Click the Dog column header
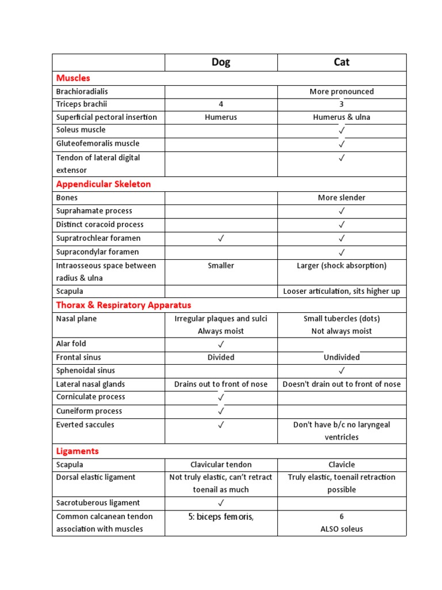pyautogui.click(x=220, y=62)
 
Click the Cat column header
pyautogui.click(x=341, y=62)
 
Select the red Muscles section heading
pyautogui.click(x=73, y=78)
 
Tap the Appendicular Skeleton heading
pyautogui.click(x=104, y=184)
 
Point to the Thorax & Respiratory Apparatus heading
pyautogui.click(x=123, y=305)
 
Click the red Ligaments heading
pyautogui.click(x=77, y=451)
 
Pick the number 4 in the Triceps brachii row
pyautogui.click(x=220, y=104)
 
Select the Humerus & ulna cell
pyautogui.click(x=341, y=117)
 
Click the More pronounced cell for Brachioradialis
pyautogui.click(x=341, y=92)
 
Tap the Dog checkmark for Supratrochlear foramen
pyautogui.click(x=221, y=238)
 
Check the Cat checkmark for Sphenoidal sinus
pyautogui.click(x=341, y=370)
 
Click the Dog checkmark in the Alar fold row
pyautogui.click(x=221, y=344)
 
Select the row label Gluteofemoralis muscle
pyautogui.click(x=98, y=143)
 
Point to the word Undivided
pyautogui.click(x=341, y=357)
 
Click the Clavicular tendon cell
pyautogui.click(x=221, y=464)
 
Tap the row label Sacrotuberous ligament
pyautogui.click(x=98, y=502)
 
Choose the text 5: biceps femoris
pyautogui.click(x=220, y=517)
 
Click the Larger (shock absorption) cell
pyautogui.click(x=341, y=266)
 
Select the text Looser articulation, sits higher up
pyautogui.click(x=341, y=292)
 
